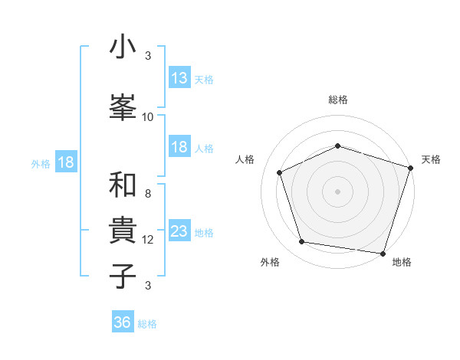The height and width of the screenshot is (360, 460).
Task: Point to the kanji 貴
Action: click(123, 230)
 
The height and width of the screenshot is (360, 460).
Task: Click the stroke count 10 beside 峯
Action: click(148, 117)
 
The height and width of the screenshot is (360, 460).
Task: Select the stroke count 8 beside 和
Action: click(148, 194)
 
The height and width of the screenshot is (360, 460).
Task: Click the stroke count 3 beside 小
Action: click(148, 56)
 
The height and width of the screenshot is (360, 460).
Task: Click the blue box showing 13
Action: click(179, 77)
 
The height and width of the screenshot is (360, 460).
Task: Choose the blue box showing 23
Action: click(179, 231)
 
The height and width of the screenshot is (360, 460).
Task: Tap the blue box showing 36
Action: click(123, 322)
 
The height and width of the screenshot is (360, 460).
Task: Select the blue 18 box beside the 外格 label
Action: click(65, 162)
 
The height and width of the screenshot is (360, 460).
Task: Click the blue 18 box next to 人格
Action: click(179, 147)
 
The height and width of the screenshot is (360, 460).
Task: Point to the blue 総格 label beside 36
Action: click(147, 324)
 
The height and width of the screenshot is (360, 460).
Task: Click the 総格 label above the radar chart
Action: click(337, 100)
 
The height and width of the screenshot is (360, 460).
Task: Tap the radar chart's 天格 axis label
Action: click(431, 159)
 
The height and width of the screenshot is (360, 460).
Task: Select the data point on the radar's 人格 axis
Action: click(280, 172)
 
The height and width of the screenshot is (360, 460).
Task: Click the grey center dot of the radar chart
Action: click(337, 191)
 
